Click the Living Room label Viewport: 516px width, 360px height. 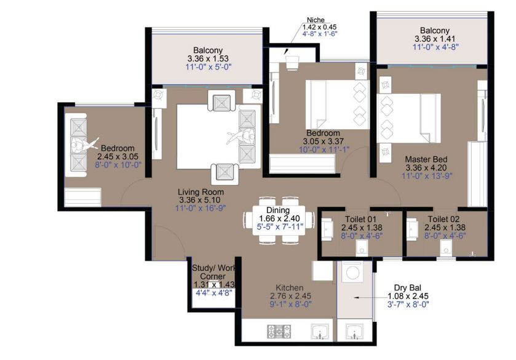point(200,192)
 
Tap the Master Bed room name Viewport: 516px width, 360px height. point(426,159)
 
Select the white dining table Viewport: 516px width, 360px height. point(279,220)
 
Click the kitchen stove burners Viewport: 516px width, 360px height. point(279,331)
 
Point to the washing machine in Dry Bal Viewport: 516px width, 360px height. point(352,272)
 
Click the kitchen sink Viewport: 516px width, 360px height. point(320,331)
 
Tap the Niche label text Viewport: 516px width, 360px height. point(316,20)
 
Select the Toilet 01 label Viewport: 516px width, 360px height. point(360,219)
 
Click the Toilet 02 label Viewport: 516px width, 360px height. point(443,219)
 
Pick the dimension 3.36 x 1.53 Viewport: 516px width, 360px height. point(208,58)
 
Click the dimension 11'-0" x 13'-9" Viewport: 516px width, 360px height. point(427,176)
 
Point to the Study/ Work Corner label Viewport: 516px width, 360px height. point(213,272)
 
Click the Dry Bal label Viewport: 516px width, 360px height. point(408,288)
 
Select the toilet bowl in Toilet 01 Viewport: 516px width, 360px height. point(362,247)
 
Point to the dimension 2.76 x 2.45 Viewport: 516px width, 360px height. point(290,296)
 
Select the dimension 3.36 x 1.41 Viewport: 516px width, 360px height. point(435,39)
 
